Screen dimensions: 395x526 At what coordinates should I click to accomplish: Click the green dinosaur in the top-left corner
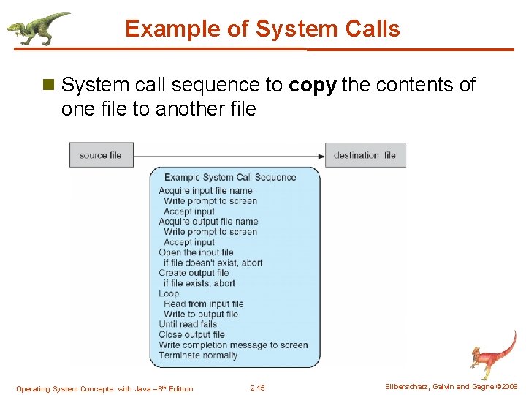(38, 27)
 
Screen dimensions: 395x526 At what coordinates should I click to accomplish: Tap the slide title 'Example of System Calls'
(262, 29)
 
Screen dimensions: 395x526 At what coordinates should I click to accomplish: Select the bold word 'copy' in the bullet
(313, 86)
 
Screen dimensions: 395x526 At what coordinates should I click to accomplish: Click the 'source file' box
(101, 155)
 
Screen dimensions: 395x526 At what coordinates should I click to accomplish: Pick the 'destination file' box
(365, 155)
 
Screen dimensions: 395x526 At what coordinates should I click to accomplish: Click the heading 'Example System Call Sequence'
(230, 177)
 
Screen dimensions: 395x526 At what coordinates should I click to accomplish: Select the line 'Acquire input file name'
(205, 191)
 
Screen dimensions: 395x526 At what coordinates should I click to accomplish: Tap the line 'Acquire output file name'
(208, 222)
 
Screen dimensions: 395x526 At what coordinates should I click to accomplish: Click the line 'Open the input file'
(196, 252)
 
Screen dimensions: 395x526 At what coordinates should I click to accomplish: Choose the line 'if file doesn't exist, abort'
(213, 263)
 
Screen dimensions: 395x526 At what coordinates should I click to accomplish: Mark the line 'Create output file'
(194, 273)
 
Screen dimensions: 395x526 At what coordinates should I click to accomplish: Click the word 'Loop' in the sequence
(169, 293)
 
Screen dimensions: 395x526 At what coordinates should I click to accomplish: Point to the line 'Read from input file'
(203, 304)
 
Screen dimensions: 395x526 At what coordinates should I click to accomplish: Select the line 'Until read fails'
(188, 324)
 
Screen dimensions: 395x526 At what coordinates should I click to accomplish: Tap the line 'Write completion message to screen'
(233, 345)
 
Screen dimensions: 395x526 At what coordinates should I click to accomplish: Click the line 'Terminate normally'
(198, 355)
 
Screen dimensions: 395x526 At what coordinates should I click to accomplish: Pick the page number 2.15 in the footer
(257, 388)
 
